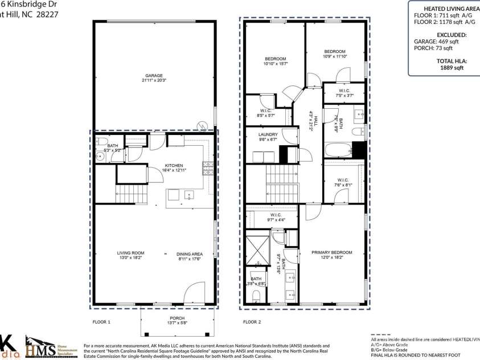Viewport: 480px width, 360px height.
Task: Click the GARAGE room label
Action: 154,75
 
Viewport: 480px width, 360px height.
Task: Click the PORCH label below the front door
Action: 177,318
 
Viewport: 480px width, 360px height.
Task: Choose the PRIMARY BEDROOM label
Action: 331,252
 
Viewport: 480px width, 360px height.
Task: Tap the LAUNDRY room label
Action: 268,134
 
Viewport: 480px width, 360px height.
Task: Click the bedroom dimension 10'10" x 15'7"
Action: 276,64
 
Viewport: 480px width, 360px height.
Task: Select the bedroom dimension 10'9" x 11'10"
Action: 335,56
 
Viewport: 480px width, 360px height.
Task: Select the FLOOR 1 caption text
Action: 101,322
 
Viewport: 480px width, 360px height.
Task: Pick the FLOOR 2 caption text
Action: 252,322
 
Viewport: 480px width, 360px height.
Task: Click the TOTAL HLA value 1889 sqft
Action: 452,67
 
